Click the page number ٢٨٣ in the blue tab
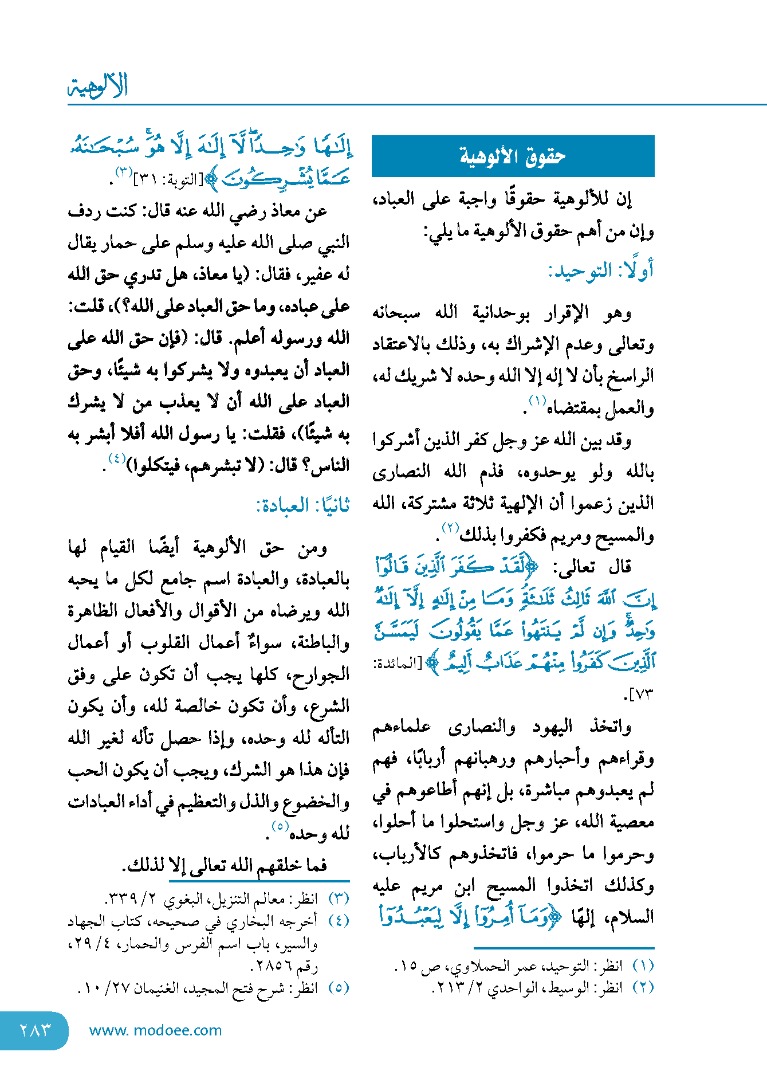click(36, 1030)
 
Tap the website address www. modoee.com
click(155, 1030)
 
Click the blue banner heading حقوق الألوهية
click(513, 156)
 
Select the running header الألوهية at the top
click(98, 86)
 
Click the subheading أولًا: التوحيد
click(600, 270)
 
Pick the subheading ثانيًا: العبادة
click(302, 505)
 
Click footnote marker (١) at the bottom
click(643, 966)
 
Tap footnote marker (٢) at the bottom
click(643, 987)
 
